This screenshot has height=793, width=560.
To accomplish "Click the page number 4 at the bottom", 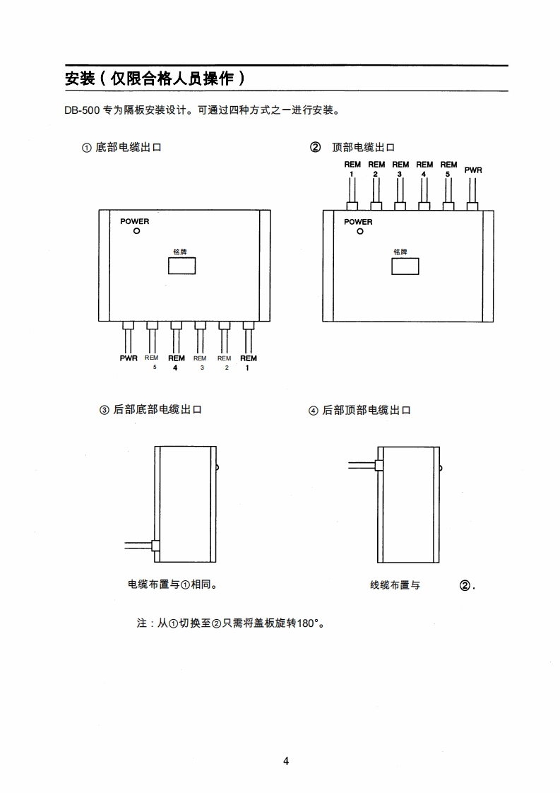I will (286, 761).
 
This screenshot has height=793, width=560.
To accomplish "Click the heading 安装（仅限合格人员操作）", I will (155, 78).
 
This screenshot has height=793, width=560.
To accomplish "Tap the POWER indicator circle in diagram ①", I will (137, 231).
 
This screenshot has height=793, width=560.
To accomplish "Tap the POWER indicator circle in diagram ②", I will (359, 231).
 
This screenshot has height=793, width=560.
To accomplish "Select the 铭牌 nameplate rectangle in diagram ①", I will (181, 266).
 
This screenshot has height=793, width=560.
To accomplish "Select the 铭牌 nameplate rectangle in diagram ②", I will (405, 266).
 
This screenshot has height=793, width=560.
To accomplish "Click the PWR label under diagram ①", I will (129, 358).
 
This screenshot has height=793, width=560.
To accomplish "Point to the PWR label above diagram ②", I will (473, 170).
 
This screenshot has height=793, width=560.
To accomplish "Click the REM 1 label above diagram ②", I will (352, 168).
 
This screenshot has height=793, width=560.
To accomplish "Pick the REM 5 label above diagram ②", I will (448, 168).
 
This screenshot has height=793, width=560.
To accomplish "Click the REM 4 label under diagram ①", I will (176, 363).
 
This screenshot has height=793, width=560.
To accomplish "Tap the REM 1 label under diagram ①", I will (248, 363).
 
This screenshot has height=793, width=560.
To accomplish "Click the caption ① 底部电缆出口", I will (121, 148).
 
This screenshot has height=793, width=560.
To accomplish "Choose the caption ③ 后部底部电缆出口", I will (150, 410).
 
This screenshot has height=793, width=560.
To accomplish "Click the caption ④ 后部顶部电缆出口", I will (359, 411).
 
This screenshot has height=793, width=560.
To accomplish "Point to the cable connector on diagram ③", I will (156, 546).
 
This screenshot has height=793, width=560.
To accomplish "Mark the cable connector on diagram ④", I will (378, 465).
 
